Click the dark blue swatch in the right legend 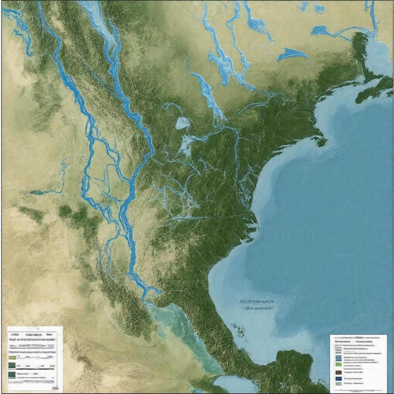coord(338,378)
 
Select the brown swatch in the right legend coord(338,372)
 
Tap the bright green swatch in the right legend coord(338,364)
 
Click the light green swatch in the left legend coord(12,357)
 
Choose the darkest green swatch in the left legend coord(12,374)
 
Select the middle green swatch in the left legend coord(12,365)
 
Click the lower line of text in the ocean coord(259,308)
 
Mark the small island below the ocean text coord(241,330)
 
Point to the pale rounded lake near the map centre coord(183,123)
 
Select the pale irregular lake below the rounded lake coord(187,144)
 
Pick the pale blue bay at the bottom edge coord(235,384)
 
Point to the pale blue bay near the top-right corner coord(375,54)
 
